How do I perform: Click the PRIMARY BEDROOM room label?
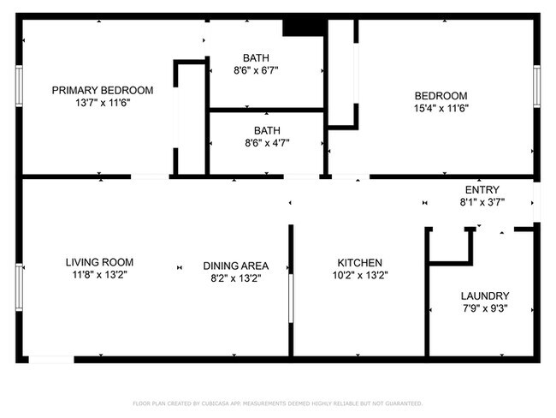tap(103, 90)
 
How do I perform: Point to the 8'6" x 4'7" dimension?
tap(267, 143)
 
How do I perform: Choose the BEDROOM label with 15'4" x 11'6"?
tap(441, 96)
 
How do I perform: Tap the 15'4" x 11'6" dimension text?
tap(441, 108)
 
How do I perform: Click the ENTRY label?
tap(482, 190)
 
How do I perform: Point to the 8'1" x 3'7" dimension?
tap(482, 203)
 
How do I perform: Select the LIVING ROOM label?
tap(100, 262)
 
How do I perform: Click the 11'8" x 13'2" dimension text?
tap(100, 275)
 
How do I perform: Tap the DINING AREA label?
tap(236, 266)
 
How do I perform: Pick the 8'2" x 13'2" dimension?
tap(236, 278)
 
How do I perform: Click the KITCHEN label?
tap(359, 263)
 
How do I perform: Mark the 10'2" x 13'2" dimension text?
tap(359, 275)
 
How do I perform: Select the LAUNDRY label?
tap(484, 296)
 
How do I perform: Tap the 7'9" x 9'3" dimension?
tap(484, 308)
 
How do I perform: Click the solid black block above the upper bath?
tap(302, 28)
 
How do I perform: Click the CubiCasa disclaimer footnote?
tap(277, 403)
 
